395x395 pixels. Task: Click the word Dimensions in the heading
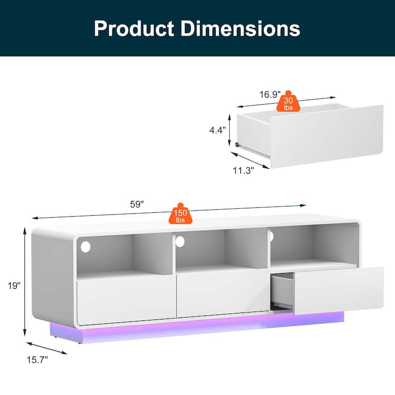point(240,28)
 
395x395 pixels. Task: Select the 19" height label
point(14,285)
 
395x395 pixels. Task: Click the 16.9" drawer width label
point(270,94)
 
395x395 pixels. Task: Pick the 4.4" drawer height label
point(217,130)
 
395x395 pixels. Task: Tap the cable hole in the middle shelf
point(180,241)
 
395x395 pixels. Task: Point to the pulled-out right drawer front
point(339,290)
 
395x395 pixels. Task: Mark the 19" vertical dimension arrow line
point(25,281)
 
